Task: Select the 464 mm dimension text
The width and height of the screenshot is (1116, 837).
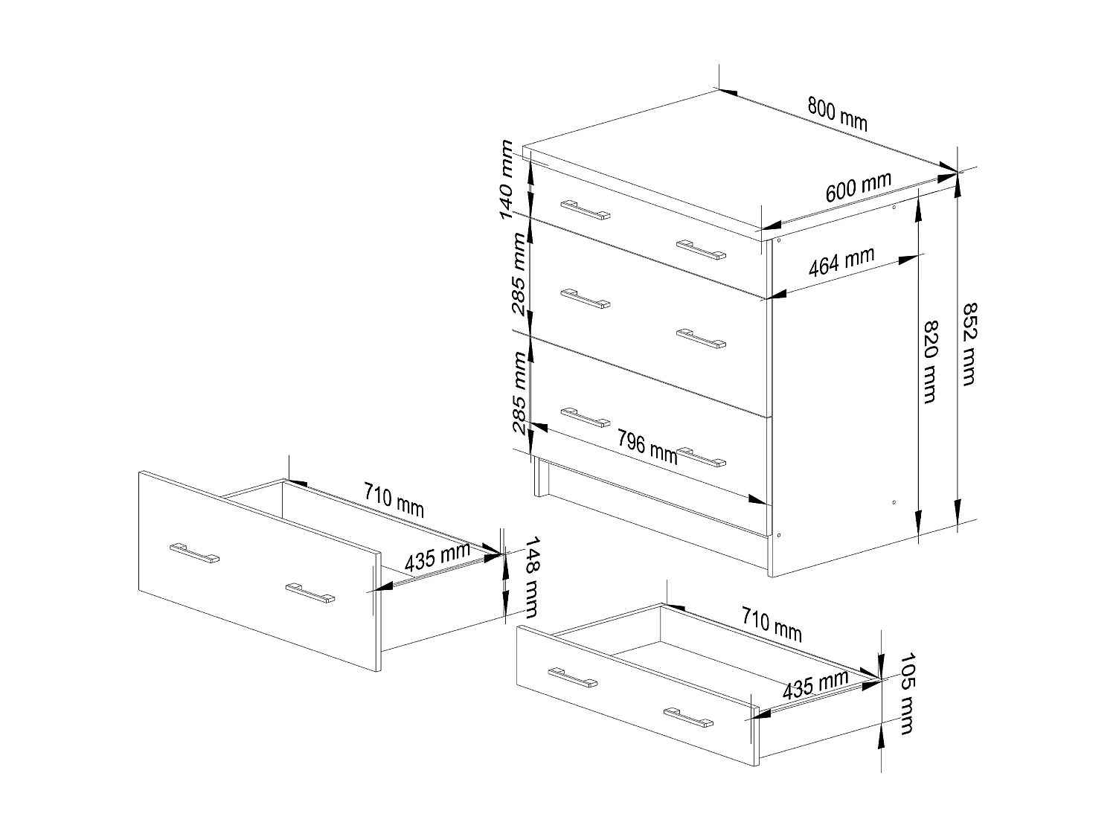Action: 841,263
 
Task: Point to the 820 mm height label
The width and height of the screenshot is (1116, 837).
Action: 929,362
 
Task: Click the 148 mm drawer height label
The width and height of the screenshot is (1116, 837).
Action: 530,577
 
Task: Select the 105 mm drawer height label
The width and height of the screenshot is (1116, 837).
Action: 905,693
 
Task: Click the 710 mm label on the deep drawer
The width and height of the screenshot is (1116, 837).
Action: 394,499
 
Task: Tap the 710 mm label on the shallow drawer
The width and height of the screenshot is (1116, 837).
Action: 772,623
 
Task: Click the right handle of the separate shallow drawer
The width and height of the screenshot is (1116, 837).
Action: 688,716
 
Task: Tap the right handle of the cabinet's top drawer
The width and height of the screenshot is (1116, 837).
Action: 701,249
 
